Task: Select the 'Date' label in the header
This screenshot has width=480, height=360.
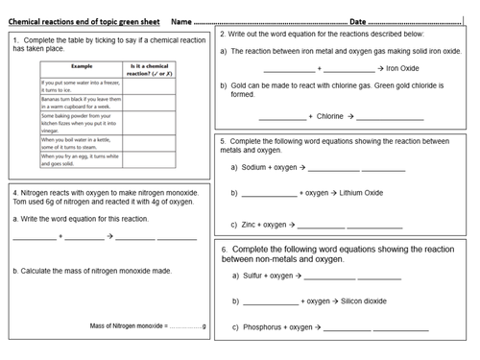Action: tap(357, 20)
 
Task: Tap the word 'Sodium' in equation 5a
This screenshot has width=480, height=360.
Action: tap(254, 166)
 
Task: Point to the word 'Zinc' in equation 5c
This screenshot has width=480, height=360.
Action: tap(250, 224)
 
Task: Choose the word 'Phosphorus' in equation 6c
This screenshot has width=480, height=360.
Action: tap(261, 326)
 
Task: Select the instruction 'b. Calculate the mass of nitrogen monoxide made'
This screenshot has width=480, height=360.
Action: tap(93, 271)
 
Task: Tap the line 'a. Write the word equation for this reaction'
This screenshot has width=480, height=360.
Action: tap(81, 218)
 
